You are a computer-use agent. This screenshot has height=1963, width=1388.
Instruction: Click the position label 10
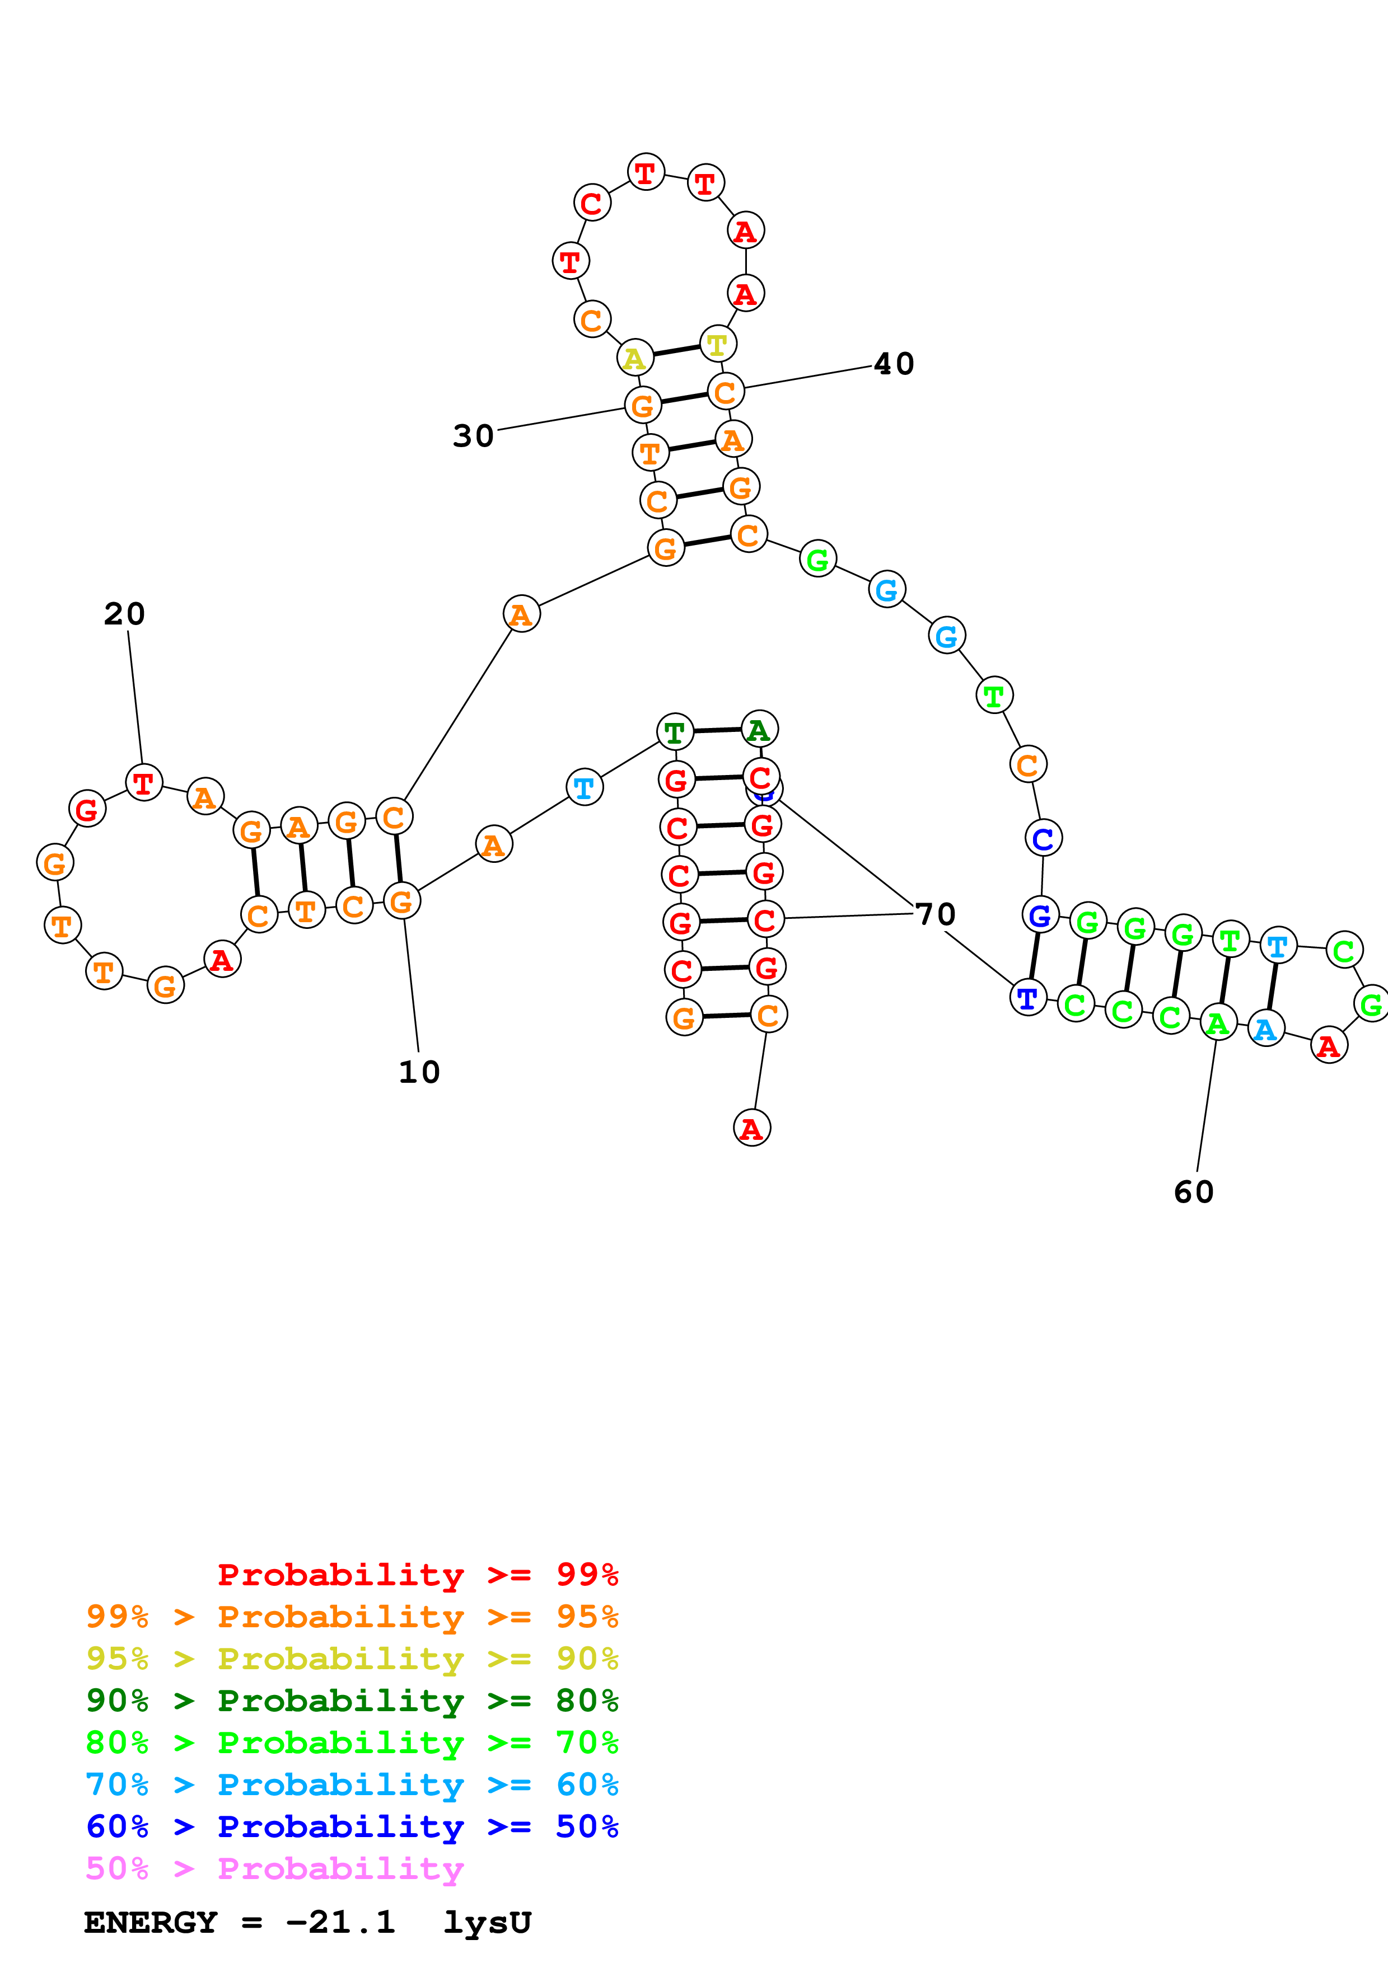pos(419,1072)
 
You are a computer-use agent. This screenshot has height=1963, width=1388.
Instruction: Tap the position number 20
pos(125,614)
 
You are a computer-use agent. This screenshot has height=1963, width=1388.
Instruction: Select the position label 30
pos(473,436)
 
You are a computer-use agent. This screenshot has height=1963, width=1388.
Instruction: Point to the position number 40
pos(894,364)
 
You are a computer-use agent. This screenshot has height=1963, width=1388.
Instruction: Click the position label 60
pos(1194,1192)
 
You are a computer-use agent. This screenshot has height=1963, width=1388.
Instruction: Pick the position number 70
pos(936,914)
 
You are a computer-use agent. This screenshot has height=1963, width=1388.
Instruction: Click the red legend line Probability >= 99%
pos(417,1574)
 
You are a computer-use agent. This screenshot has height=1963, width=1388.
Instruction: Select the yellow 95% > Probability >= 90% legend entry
pos(352,1659)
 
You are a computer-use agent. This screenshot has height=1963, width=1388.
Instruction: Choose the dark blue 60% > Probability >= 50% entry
pos(352,1826)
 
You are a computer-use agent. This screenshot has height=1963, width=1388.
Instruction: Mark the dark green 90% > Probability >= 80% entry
pos(352,1701)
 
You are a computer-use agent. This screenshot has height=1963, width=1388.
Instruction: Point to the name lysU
pos(488,1922)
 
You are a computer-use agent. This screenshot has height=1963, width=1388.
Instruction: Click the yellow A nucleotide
pos(634,358)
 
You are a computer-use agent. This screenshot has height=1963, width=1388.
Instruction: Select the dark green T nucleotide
pos(675,732)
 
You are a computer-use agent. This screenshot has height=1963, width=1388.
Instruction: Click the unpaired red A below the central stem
pos(752,1129)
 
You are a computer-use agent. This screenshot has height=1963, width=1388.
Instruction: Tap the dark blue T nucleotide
pos(1028,998)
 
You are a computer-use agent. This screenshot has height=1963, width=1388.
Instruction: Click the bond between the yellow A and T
pos(676,350)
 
